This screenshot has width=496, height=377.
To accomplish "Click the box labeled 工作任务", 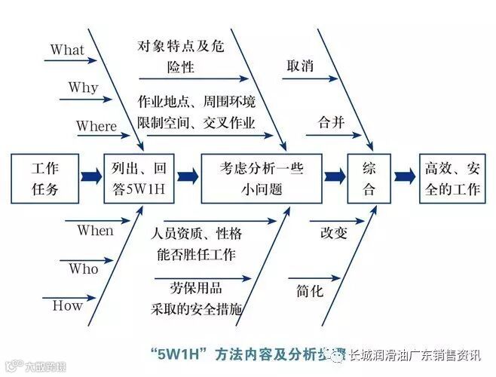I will [45, 178].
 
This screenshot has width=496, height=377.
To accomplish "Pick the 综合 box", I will [369, 178].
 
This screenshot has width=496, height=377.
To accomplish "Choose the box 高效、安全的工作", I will [452, 178].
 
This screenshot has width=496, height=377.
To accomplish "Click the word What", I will [67, 50].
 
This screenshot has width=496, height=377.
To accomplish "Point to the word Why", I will [83, 87].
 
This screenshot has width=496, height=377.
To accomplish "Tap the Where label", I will [96, 126].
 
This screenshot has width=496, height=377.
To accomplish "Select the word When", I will [95, 231].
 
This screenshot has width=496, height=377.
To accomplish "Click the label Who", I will [84, 268].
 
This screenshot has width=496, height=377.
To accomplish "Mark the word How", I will [67, 305].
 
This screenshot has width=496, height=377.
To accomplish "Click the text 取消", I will [300, 66].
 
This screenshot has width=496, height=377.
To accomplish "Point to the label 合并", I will [331, 122].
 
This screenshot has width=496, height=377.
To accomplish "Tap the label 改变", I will [333, 232].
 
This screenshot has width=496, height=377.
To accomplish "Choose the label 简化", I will [310, 290].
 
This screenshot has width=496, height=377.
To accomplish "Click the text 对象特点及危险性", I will [181, 56].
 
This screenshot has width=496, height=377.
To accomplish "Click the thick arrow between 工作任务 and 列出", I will [91, 177].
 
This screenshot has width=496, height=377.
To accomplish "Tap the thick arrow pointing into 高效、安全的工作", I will [405, 177].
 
